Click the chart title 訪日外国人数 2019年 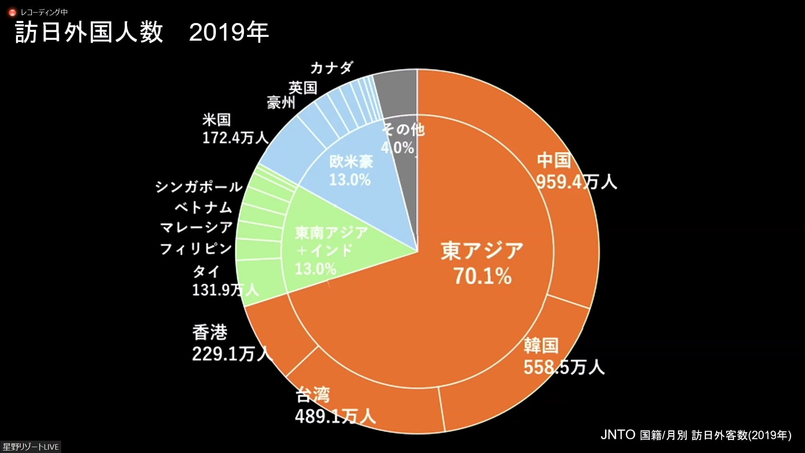[142, 33]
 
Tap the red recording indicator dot [12, 13]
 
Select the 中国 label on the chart [554, 160]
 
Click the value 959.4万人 [576, 182]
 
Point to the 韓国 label [541, 345]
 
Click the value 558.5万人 [563, 367]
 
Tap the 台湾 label [313, 395]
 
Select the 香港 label [210, 332]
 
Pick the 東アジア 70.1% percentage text [483, 276]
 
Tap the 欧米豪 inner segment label [351, 162]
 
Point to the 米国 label [216, 120]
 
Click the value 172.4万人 [235, 138]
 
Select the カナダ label [332, 68]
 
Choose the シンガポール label [199, 187]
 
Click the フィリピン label [196, 249]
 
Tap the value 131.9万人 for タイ [225, 289]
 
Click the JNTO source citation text [696, 435]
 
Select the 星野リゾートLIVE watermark [31, 447]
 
